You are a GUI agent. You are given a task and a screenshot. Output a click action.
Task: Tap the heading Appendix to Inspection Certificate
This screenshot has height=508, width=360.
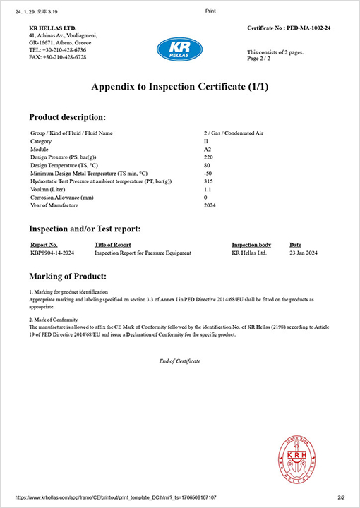pos(180,87)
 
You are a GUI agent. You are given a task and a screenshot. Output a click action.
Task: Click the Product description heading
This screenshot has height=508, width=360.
pos(67,116)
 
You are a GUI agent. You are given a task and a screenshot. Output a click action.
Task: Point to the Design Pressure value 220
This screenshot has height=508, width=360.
pos(208,157)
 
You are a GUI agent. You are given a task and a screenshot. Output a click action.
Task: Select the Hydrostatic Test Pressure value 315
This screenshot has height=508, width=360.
pos(208,181)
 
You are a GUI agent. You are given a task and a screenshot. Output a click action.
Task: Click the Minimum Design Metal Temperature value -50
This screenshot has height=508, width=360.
pos(208,173)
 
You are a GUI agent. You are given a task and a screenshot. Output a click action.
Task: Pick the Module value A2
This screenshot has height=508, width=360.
pos(207,149)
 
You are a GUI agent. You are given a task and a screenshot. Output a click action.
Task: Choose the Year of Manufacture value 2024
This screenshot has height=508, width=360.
pos(210,205)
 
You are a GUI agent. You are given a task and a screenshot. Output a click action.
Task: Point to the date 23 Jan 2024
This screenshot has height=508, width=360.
pos(304,252)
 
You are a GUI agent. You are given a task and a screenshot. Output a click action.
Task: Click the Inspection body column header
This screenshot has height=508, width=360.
pos(251,244)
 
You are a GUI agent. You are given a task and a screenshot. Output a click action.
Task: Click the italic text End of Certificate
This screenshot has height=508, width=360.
pos(180,361)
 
